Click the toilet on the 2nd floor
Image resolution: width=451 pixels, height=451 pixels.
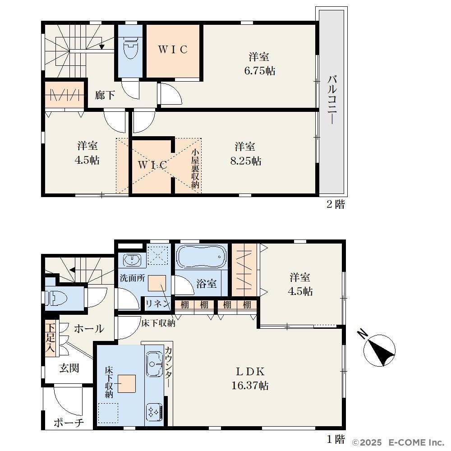tap(130, 48)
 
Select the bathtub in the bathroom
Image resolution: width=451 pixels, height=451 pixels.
tap(201, 257)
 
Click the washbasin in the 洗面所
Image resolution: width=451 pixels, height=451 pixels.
tap(132, 261)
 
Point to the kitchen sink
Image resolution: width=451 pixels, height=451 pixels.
tap(154, 364)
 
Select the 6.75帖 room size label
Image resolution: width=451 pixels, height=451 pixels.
tap(259, 71)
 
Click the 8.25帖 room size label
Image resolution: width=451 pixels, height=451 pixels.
tap(246, 161)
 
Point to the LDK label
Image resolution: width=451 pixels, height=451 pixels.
tap(250, 372)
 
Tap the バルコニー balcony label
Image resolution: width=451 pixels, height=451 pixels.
tap(332, 100)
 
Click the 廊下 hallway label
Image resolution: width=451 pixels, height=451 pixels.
tap(105, 95)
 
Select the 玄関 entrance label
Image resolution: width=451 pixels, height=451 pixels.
tap(69, 368)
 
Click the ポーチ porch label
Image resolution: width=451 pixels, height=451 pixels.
tap(69, 423)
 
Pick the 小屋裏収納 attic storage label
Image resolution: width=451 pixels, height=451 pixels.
tap(195, 169)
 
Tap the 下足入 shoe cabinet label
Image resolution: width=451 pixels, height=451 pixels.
tap(51, 338)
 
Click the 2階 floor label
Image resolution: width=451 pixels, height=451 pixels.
tap(336, 204)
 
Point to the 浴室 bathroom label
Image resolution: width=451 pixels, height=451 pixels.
tap(207, 284)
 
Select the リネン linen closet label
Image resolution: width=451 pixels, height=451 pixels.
tap(158, 304)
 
